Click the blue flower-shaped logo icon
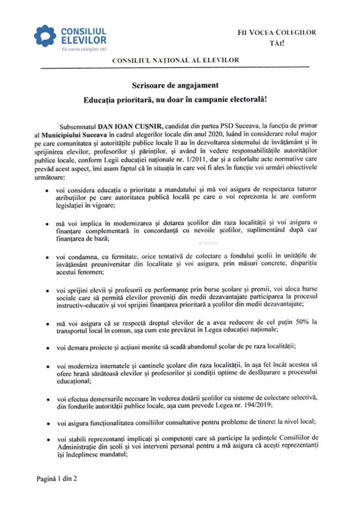(45, 36)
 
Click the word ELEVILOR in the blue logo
(84, 40)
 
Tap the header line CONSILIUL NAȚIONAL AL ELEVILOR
(175, 60)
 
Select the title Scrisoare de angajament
(175, 85)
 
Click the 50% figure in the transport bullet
(302, 322)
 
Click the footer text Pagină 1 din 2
(57, 479)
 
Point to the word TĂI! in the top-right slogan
(277, 43)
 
